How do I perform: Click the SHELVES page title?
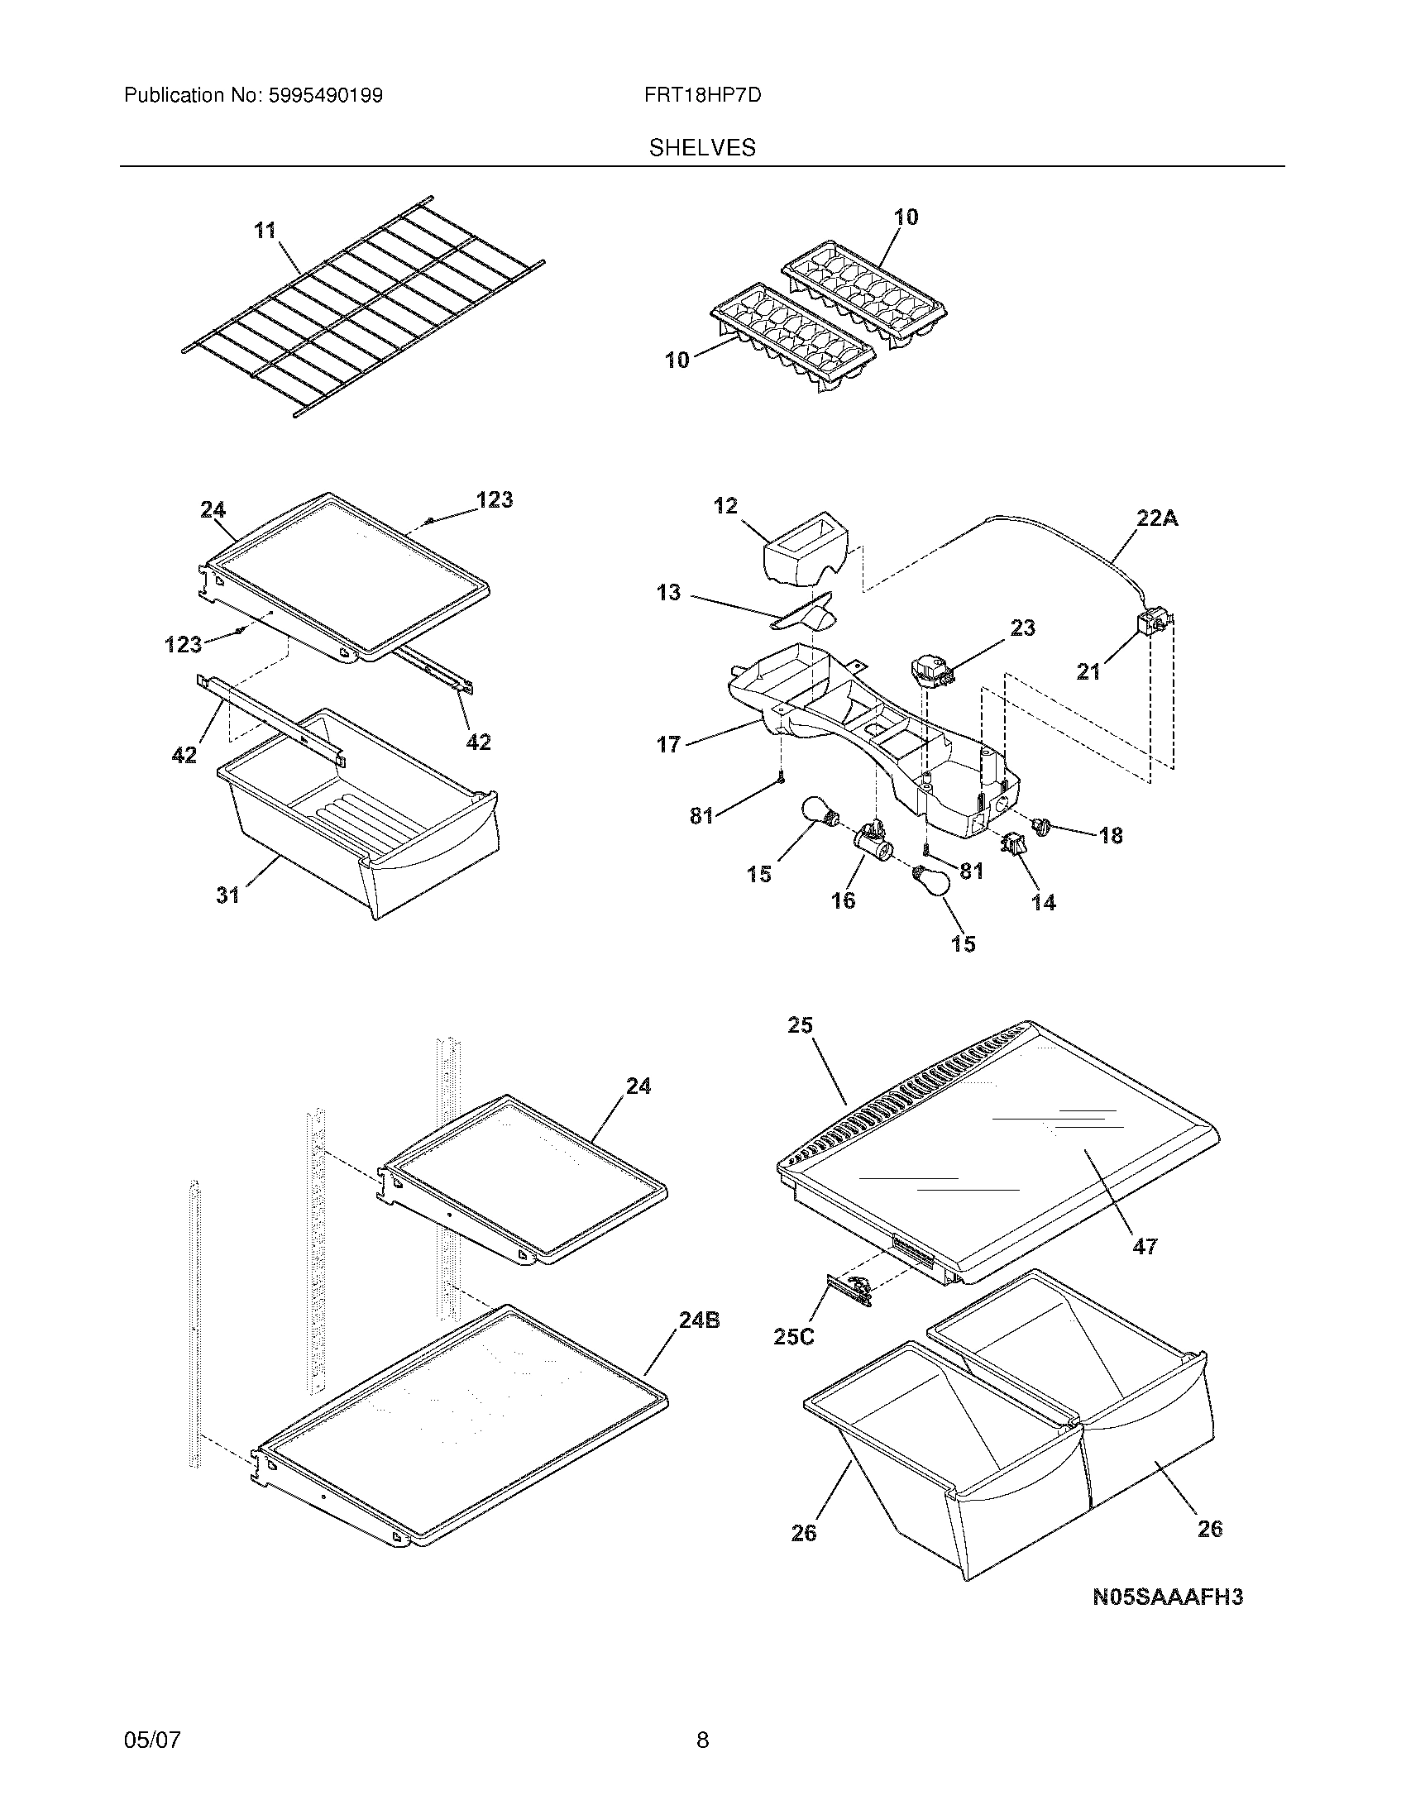pos(702,148)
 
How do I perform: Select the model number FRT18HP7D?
pos(702,96)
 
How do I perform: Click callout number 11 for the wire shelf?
pos(265,230)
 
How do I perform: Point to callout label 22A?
pos(1157,518)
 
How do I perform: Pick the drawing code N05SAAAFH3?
pos(1168,1597)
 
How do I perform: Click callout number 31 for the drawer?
pos(228,895)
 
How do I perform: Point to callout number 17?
pos(668,744)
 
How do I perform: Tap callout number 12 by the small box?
pos(725,505)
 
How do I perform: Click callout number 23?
pos(1022,628)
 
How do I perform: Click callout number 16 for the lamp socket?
pos(843,900)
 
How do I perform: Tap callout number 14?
pos(1043,902)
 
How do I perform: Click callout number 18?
pos(1110,834)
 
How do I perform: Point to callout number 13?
pos(668,592)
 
